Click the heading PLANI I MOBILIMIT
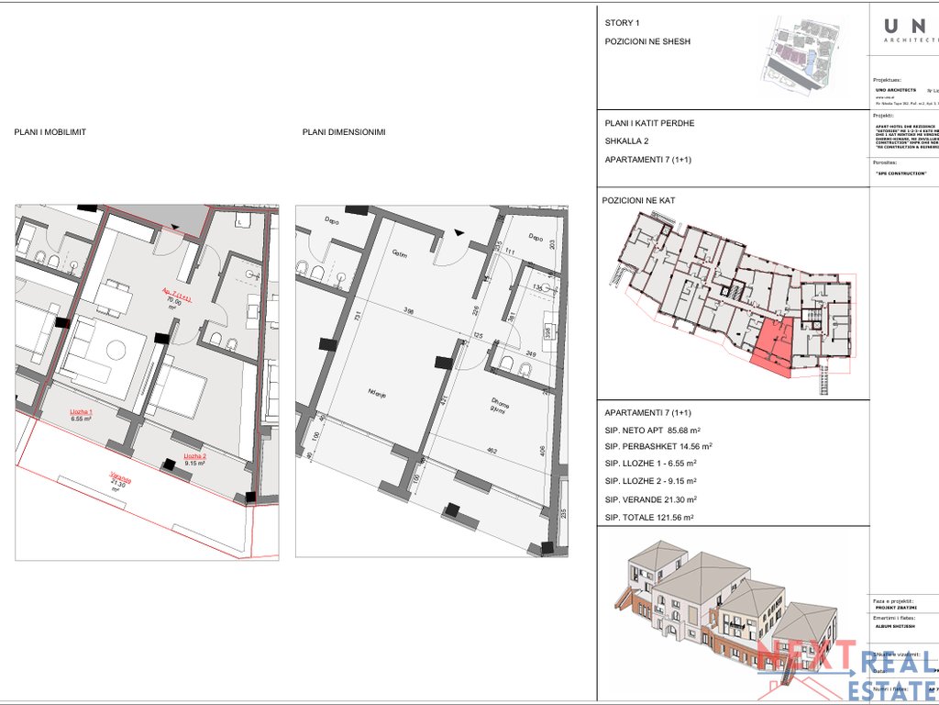(50, 132)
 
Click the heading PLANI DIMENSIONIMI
(344, 132)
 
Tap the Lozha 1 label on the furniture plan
(83, 414)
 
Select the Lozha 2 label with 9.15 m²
(194, 459)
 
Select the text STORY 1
(623, 23)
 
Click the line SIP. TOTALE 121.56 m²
(649, 518)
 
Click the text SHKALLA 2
(627, 141)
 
